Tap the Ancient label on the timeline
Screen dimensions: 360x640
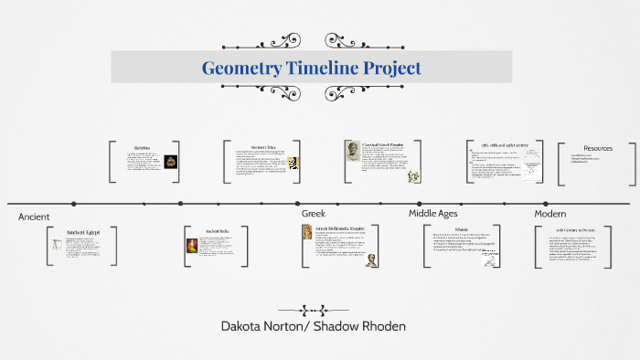tap(33, 217)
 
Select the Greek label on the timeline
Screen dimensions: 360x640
tap(313, 213)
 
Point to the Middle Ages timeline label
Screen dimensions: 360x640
tap(432, 213)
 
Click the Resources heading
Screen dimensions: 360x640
tap(598, 148)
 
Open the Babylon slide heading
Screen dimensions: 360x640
tap(142, 147)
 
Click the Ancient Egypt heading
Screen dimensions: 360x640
tap(83, 232)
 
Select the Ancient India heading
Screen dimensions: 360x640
tap(218, 231)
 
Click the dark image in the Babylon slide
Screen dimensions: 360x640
tap(171, 162)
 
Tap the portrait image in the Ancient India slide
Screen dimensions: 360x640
tap(192, 246)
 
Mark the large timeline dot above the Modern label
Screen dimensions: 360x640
tap(548, 203)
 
